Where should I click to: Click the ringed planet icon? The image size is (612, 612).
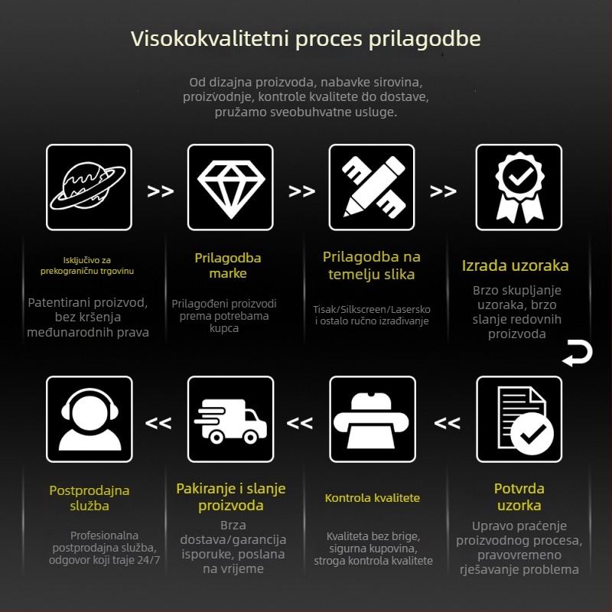(89, 187)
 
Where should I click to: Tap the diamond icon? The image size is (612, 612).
(231, 188)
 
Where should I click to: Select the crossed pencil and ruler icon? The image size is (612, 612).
(372, 187)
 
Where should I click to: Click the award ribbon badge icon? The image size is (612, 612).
(519, 187)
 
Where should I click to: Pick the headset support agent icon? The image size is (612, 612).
(90, 419)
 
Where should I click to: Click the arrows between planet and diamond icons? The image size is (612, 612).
(161, 191)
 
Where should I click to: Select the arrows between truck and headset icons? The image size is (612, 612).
(158, 423)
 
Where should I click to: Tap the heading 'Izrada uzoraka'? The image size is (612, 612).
(515, 265)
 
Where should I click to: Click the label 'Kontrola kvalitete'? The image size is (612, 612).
(373, 498)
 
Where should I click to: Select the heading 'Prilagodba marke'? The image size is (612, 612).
(228, 265)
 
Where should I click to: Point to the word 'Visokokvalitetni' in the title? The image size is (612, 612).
(210, 39)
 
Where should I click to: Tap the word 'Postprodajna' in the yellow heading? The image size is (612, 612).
(90, 490)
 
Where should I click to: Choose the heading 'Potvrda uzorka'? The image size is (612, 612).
(519, 496)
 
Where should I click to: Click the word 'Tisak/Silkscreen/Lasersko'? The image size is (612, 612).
(372, 310)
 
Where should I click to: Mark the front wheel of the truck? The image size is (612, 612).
(250, 437)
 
